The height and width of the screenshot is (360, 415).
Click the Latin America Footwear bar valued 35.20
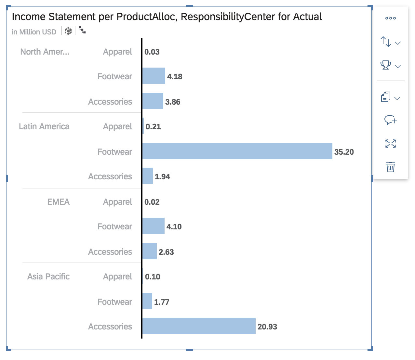tap(237, 151)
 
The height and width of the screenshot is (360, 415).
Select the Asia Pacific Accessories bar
tap(199, 326)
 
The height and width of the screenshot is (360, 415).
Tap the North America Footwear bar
tap(154, 76)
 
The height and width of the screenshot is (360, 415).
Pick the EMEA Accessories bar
tap(150, 251)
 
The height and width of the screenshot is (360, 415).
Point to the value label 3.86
tap(173, 102)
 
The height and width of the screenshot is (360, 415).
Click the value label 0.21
tap(153, 127)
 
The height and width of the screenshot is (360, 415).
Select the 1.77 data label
tap(162, 302)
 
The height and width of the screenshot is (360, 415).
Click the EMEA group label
tap(59, 202)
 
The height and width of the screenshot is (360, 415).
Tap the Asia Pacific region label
tap(48, 276)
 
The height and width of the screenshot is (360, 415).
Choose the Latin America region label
tap(44, 126)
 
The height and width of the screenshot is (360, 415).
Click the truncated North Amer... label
tap(45, 52)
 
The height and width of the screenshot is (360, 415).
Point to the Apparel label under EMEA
tap(117, 202)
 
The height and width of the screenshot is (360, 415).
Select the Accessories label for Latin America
tap(110, 176)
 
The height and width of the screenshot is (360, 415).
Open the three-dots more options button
tap(390, 18)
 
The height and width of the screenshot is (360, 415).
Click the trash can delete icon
tap(390, 167)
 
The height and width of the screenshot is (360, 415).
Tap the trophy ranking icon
tap(386, 65)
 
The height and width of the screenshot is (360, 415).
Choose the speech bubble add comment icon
tap(390, 120)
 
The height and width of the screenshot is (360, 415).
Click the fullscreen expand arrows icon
tap(390, 144)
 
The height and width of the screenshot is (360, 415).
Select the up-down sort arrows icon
tap(386, 42)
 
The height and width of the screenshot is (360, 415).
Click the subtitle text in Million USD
tap(34, 32)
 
